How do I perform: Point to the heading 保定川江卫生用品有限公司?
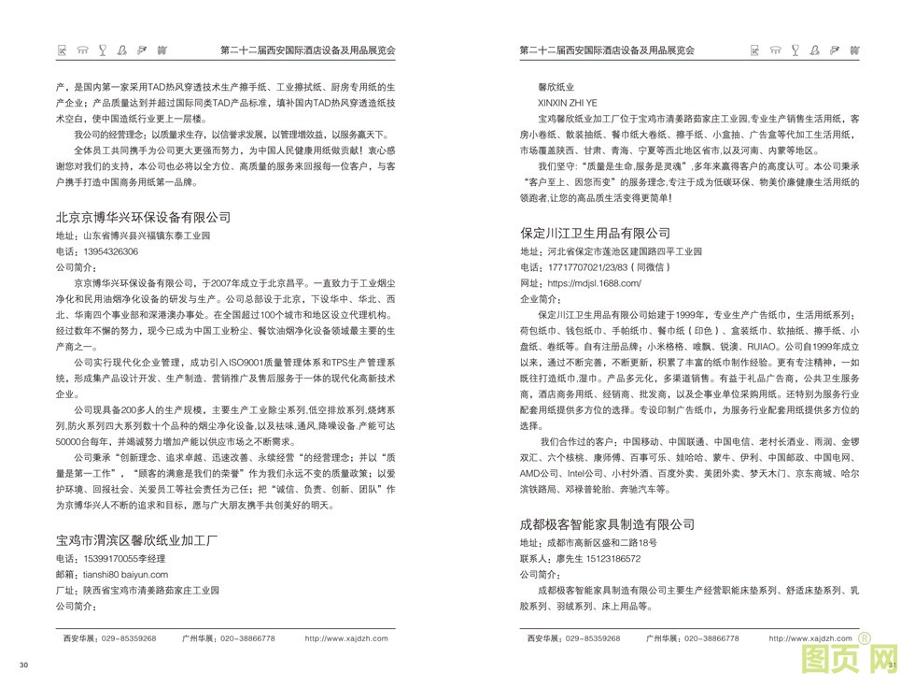(x=596, y=233)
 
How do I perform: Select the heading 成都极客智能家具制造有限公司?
(x=608, y=522)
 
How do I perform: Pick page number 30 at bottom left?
(x=25, y=665)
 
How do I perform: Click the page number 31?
(x=892, y=665)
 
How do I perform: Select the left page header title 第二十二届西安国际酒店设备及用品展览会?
(x=307, y=49)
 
